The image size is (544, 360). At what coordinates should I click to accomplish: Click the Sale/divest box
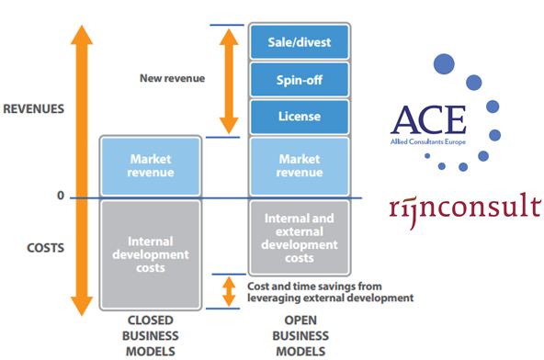point(299,41)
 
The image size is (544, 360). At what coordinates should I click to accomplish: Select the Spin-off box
point(299,79)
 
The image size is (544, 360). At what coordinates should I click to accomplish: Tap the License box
point(299,117)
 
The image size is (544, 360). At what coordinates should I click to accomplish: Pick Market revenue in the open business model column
point(299,166)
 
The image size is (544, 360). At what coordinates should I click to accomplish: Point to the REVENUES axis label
point(34,108)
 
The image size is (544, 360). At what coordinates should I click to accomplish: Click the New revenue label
point(173,78)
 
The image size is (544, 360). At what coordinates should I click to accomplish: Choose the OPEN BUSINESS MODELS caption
point(299,336)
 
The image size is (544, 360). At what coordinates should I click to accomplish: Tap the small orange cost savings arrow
point(228,290)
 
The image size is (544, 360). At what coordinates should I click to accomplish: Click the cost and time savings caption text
point(331,291)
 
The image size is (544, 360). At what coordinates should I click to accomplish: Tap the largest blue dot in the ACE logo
point(445,64)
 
